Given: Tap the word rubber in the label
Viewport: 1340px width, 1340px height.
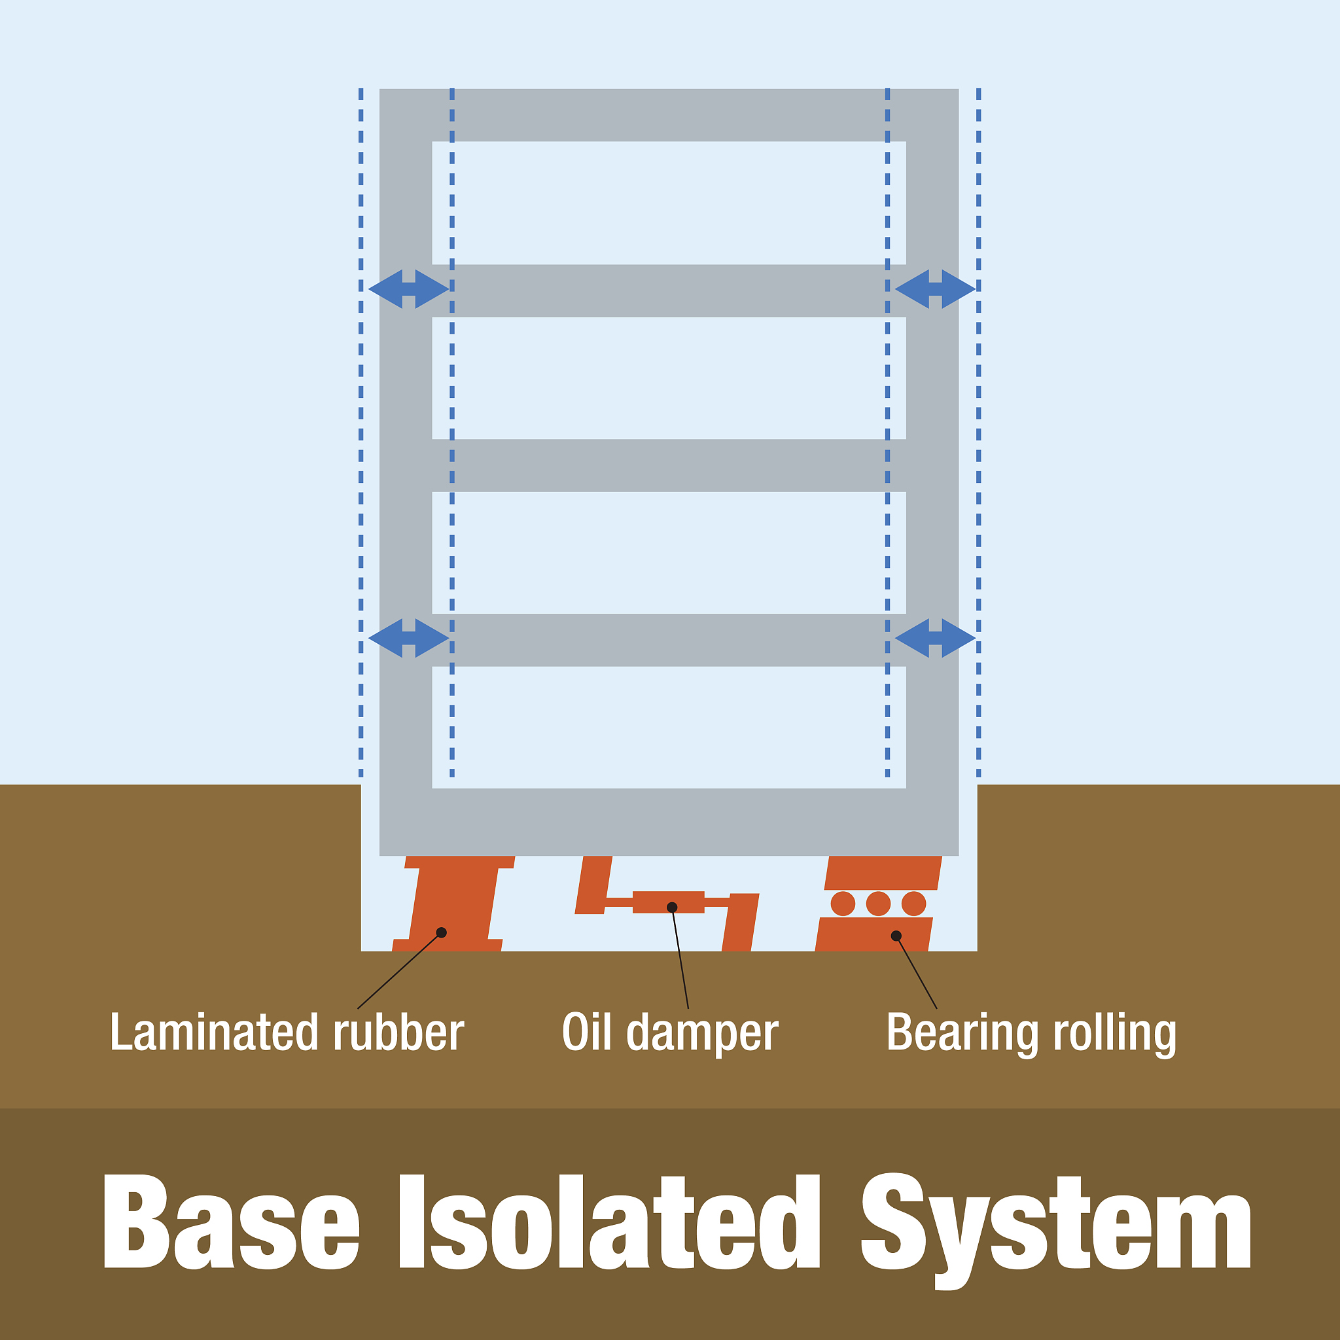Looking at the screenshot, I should tap(398, 1032).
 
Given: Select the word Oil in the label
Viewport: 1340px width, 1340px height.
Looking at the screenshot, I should tap(587, 1032).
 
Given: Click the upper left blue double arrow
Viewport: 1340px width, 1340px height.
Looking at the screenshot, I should tap(408, 289).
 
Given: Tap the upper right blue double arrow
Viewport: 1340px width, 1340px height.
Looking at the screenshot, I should tap(935, 289).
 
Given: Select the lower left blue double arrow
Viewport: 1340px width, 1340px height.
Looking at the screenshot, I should tap(408, 637).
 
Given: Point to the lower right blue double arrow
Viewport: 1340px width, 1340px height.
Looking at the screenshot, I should tap(935, 637).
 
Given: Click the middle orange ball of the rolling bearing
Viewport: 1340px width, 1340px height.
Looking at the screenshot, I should tap(878, 904).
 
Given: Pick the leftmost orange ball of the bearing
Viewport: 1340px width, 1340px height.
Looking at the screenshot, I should tap(843, 904).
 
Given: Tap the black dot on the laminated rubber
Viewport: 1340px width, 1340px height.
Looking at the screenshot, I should tap(441, 932).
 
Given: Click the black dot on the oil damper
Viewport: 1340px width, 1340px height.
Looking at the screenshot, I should tap(671, 908).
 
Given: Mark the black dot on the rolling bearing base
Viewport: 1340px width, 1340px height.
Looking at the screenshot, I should tap(896, 936).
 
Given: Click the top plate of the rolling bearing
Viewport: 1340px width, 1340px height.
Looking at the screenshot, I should tap(882, 873).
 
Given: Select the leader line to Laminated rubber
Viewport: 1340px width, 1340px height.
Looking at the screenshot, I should tap(399, 970).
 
